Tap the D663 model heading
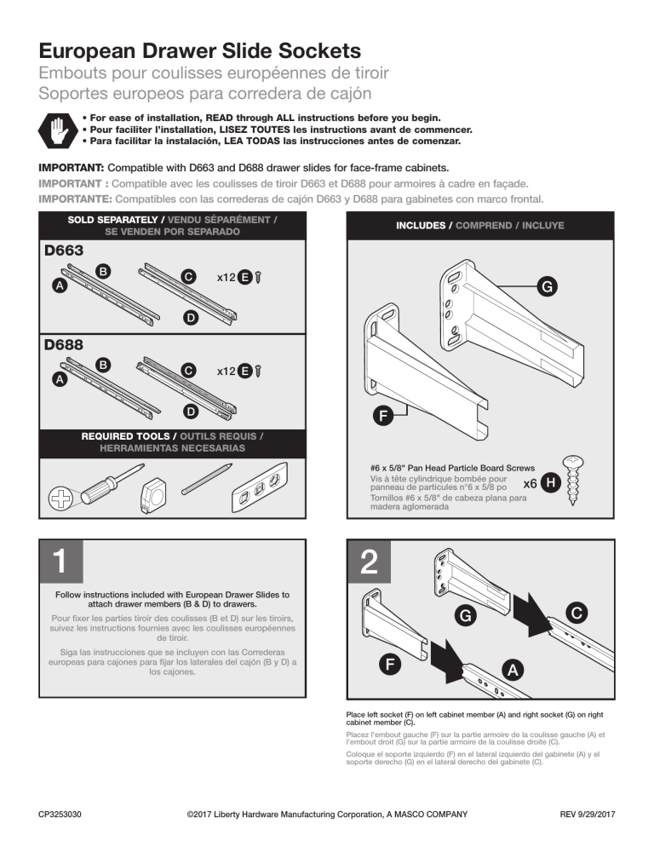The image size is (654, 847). [x=66, y=252]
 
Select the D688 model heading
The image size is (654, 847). [x=66, y=346]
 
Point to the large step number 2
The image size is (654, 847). [x=370, y=562]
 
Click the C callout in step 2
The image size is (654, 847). [x=577, y=613]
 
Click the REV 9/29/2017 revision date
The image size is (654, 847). [x=587, y=815]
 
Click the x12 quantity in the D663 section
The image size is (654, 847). [x=227, y=278]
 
